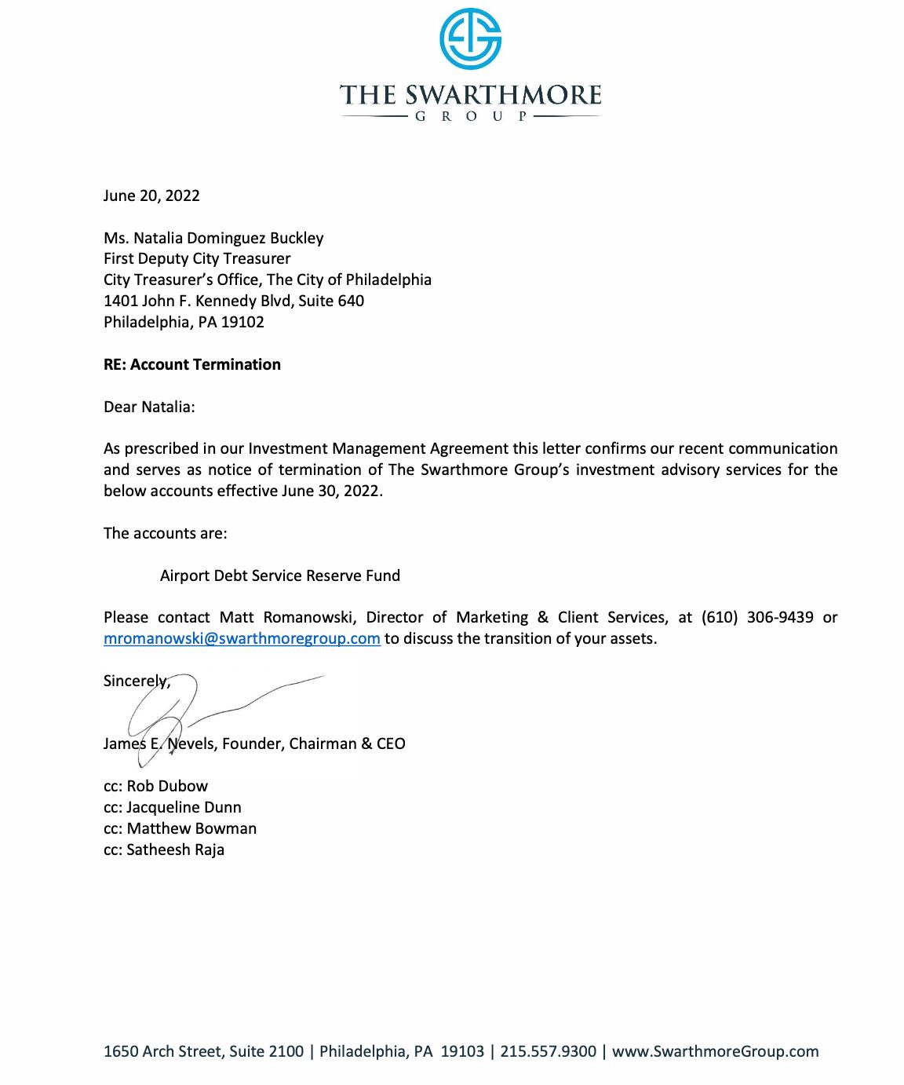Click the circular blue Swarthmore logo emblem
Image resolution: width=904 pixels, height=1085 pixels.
click(470, 38)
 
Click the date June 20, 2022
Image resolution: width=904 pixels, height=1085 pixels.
click(151, 195)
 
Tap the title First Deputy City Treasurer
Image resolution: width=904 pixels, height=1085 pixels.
click(197, 258)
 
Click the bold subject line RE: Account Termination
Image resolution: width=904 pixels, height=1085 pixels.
click(192, 364)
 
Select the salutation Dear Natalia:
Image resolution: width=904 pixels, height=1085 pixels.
click(149, 407)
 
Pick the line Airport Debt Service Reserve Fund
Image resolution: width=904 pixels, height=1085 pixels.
click(280, 575)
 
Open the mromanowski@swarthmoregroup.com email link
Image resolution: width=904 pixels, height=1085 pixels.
click(242, 638)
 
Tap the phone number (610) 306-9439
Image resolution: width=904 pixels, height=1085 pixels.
click(757, 617)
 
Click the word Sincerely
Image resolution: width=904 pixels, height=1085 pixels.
click(135, 681)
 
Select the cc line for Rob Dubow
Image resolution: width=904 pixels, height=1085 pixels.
click(155, 786)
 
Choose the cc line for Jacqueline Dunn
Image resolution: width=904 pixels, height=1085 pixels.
click(173, 807)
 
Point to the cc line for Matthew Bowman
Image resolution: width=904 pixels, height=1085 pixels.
click(180, 828)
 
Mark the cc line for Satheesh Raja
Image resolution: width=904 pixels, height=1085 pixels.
click(164, 849)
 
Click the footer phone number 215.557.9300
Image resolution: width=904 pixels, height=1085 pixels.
click(548, 1051)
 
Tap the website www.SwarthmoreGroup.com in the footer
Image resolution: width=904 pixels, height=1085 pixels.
click(715, 1051)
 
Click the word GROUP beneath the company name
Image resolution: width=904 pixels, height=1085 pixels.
click(470, 117)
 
